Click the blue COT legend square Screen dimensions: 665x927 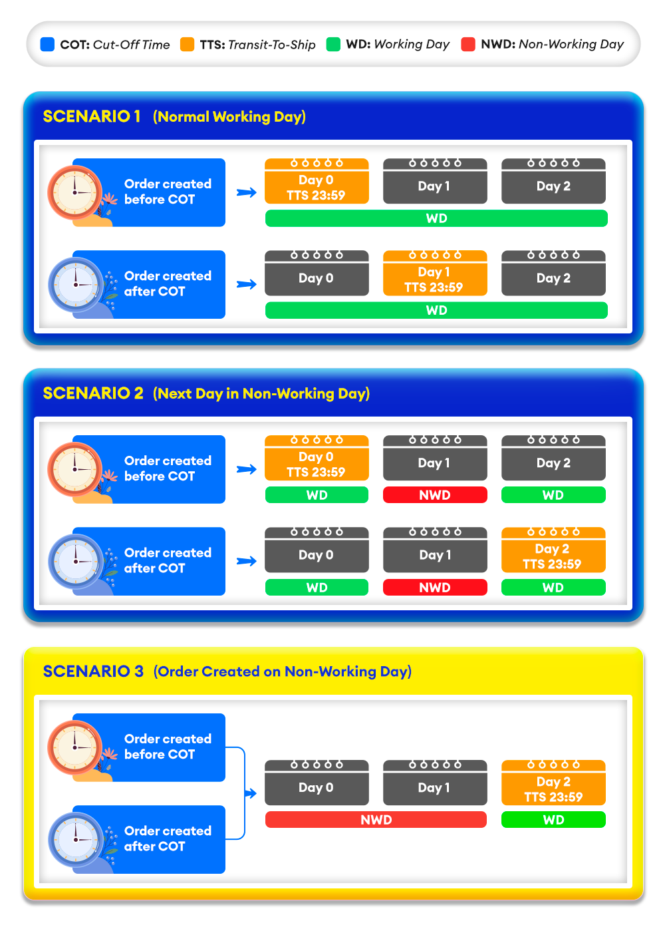47,45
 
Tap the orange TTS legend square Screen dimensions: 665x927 188,45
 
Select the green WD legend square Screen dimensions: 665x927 333,45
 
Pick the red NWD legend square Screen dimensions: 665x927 468,45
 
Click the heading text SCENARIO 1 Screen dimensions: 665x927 92,116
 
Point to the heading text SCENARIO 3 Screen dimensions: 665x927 93,671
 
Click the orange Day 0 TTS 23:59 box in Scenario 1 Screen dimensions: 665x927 317,182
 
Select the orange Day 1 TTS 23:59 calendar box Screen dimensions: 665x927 435,274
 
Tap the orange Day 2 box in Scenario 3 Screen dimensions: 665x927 553,783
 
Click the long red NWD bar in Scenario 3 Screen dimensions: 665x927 376,820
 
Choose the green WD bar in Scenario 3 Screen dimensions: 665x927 553,820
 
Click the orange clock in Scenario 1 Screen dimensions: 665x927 74,193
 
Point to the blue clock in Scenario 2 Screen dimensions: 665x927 75,562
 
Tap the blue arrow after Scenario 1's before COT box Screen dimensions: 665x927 247,192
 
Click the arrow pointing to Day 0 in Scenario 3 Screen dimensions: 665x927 251,793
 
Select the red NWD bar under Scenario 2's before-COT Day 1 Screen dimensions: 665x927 435,495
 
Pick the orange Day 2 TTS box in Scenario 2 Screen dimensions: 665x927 553,550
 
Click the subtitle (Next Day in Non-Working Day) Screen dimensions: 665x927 261,393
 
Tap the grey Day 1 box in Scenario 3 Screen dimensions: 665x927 435,783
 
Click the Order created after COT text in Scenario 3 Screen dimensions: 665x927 168,838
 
